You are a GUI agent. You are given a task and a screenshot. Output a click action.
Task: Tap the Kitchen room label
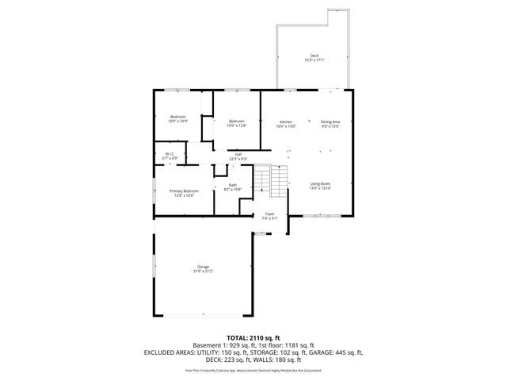point(285,123)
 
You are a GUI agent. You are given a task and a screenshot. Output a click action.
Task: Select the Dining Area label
point(330,123)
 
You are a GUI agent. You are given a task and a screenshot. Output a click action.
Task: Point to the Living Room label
point(320,185)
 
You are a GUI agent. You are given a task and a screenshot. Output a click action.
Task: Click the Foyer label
point(269,217)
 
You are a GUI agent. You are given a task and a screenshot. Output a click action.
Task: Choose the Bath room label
point(232,187)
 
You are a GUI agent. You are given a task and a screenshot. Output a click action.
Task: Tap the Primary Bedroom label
point(186,192)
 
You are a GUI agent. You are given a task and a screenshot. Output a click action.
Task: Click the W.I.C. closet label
point(170,156)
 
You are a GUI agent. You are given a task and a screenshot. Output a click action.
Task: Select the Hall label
point(238,156)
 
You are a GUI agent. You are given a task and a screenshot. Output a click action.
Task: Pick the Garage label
point(203,269)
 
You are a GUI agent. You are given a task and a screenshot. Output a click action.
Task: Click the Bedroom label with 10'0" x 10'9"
point(178,119)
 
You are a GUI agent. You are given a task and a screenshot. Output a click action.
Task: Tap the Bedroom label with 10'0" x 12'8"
point(237,123)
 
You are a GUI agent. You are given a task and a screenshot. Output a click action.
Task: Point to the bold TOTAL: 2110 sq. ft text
point(253,337)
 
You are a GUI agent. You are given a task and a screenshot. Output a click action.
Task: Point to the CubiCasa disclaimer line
point(253,370)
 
